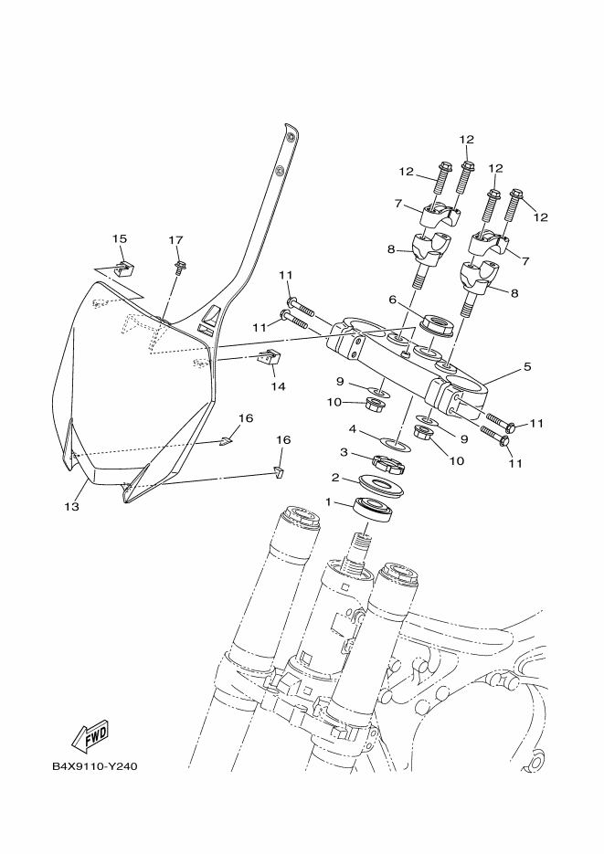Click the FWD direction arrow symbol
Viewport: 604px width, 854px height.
91,733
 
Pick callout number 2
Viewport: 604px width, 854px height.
335,477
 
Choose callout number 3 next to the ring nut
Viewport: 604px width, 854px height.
344,451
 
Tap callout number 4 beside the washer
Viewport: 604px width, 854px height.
353,427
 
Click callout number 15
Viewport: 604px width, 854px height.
120,239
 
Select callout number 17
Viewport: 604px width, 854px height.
176,240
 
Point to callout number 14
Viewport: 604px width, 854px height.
278,386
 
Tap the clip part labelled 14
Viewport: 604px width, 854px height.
267,359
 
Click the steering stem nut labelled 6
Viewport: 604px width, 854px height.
434,324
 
